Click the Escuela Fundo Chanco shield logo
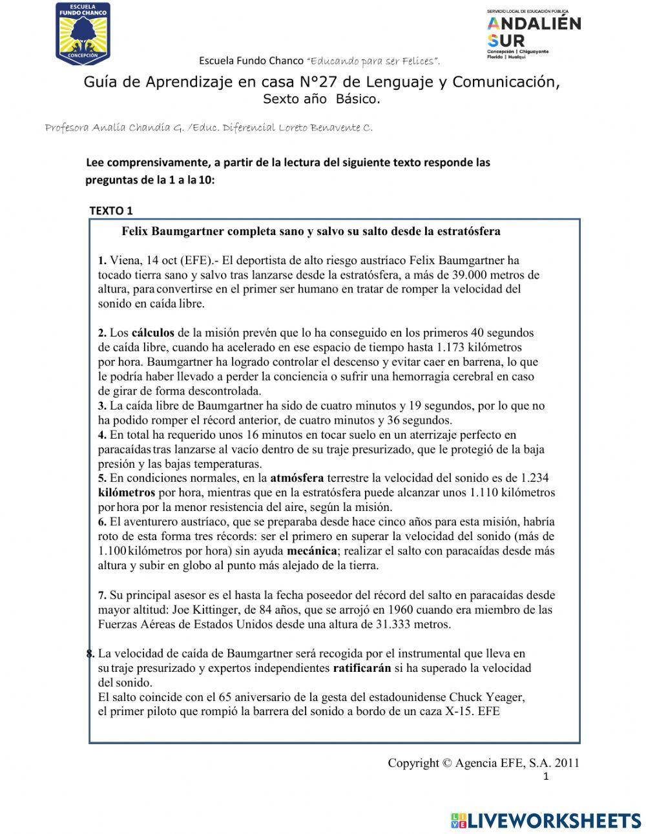tap(83, 34)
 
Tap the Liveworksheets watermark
tap(546, 820)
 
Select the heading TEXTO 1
tap(110, 211)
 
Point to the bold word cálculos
tap(153, 333)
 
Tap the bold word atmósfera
tap(297, 479)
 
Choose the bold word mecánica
tap(311, 551)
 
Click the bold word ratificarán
tap(362, 668)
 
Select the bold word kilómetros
tap(127, 493)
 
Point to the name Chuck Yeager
tap(486, 698)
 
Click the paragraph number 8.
tap(90, 653)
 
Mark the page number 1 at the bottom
tap(547, 777)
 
